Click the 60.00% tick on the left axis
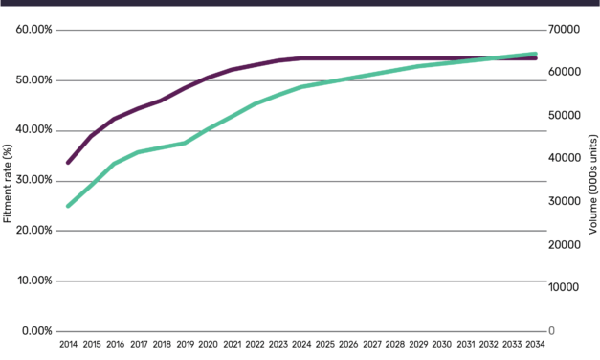point(34,30)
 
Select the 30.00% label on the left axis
point(34,180)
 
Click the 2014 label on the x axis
point(68,343)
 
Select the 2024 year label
point(301,343)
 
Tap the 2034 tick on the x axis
point(535,343)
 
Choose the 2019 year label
point(185,343)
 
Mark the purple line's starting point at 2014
point(68,163)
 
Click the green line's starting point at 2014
point(68,206)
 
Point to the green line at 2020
point(208,129)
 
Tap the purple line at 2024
point(301,58)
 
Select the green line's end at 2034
point(535,54)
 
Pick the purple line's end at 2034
point(535,58)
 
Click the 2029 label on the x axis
point(418,343)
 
